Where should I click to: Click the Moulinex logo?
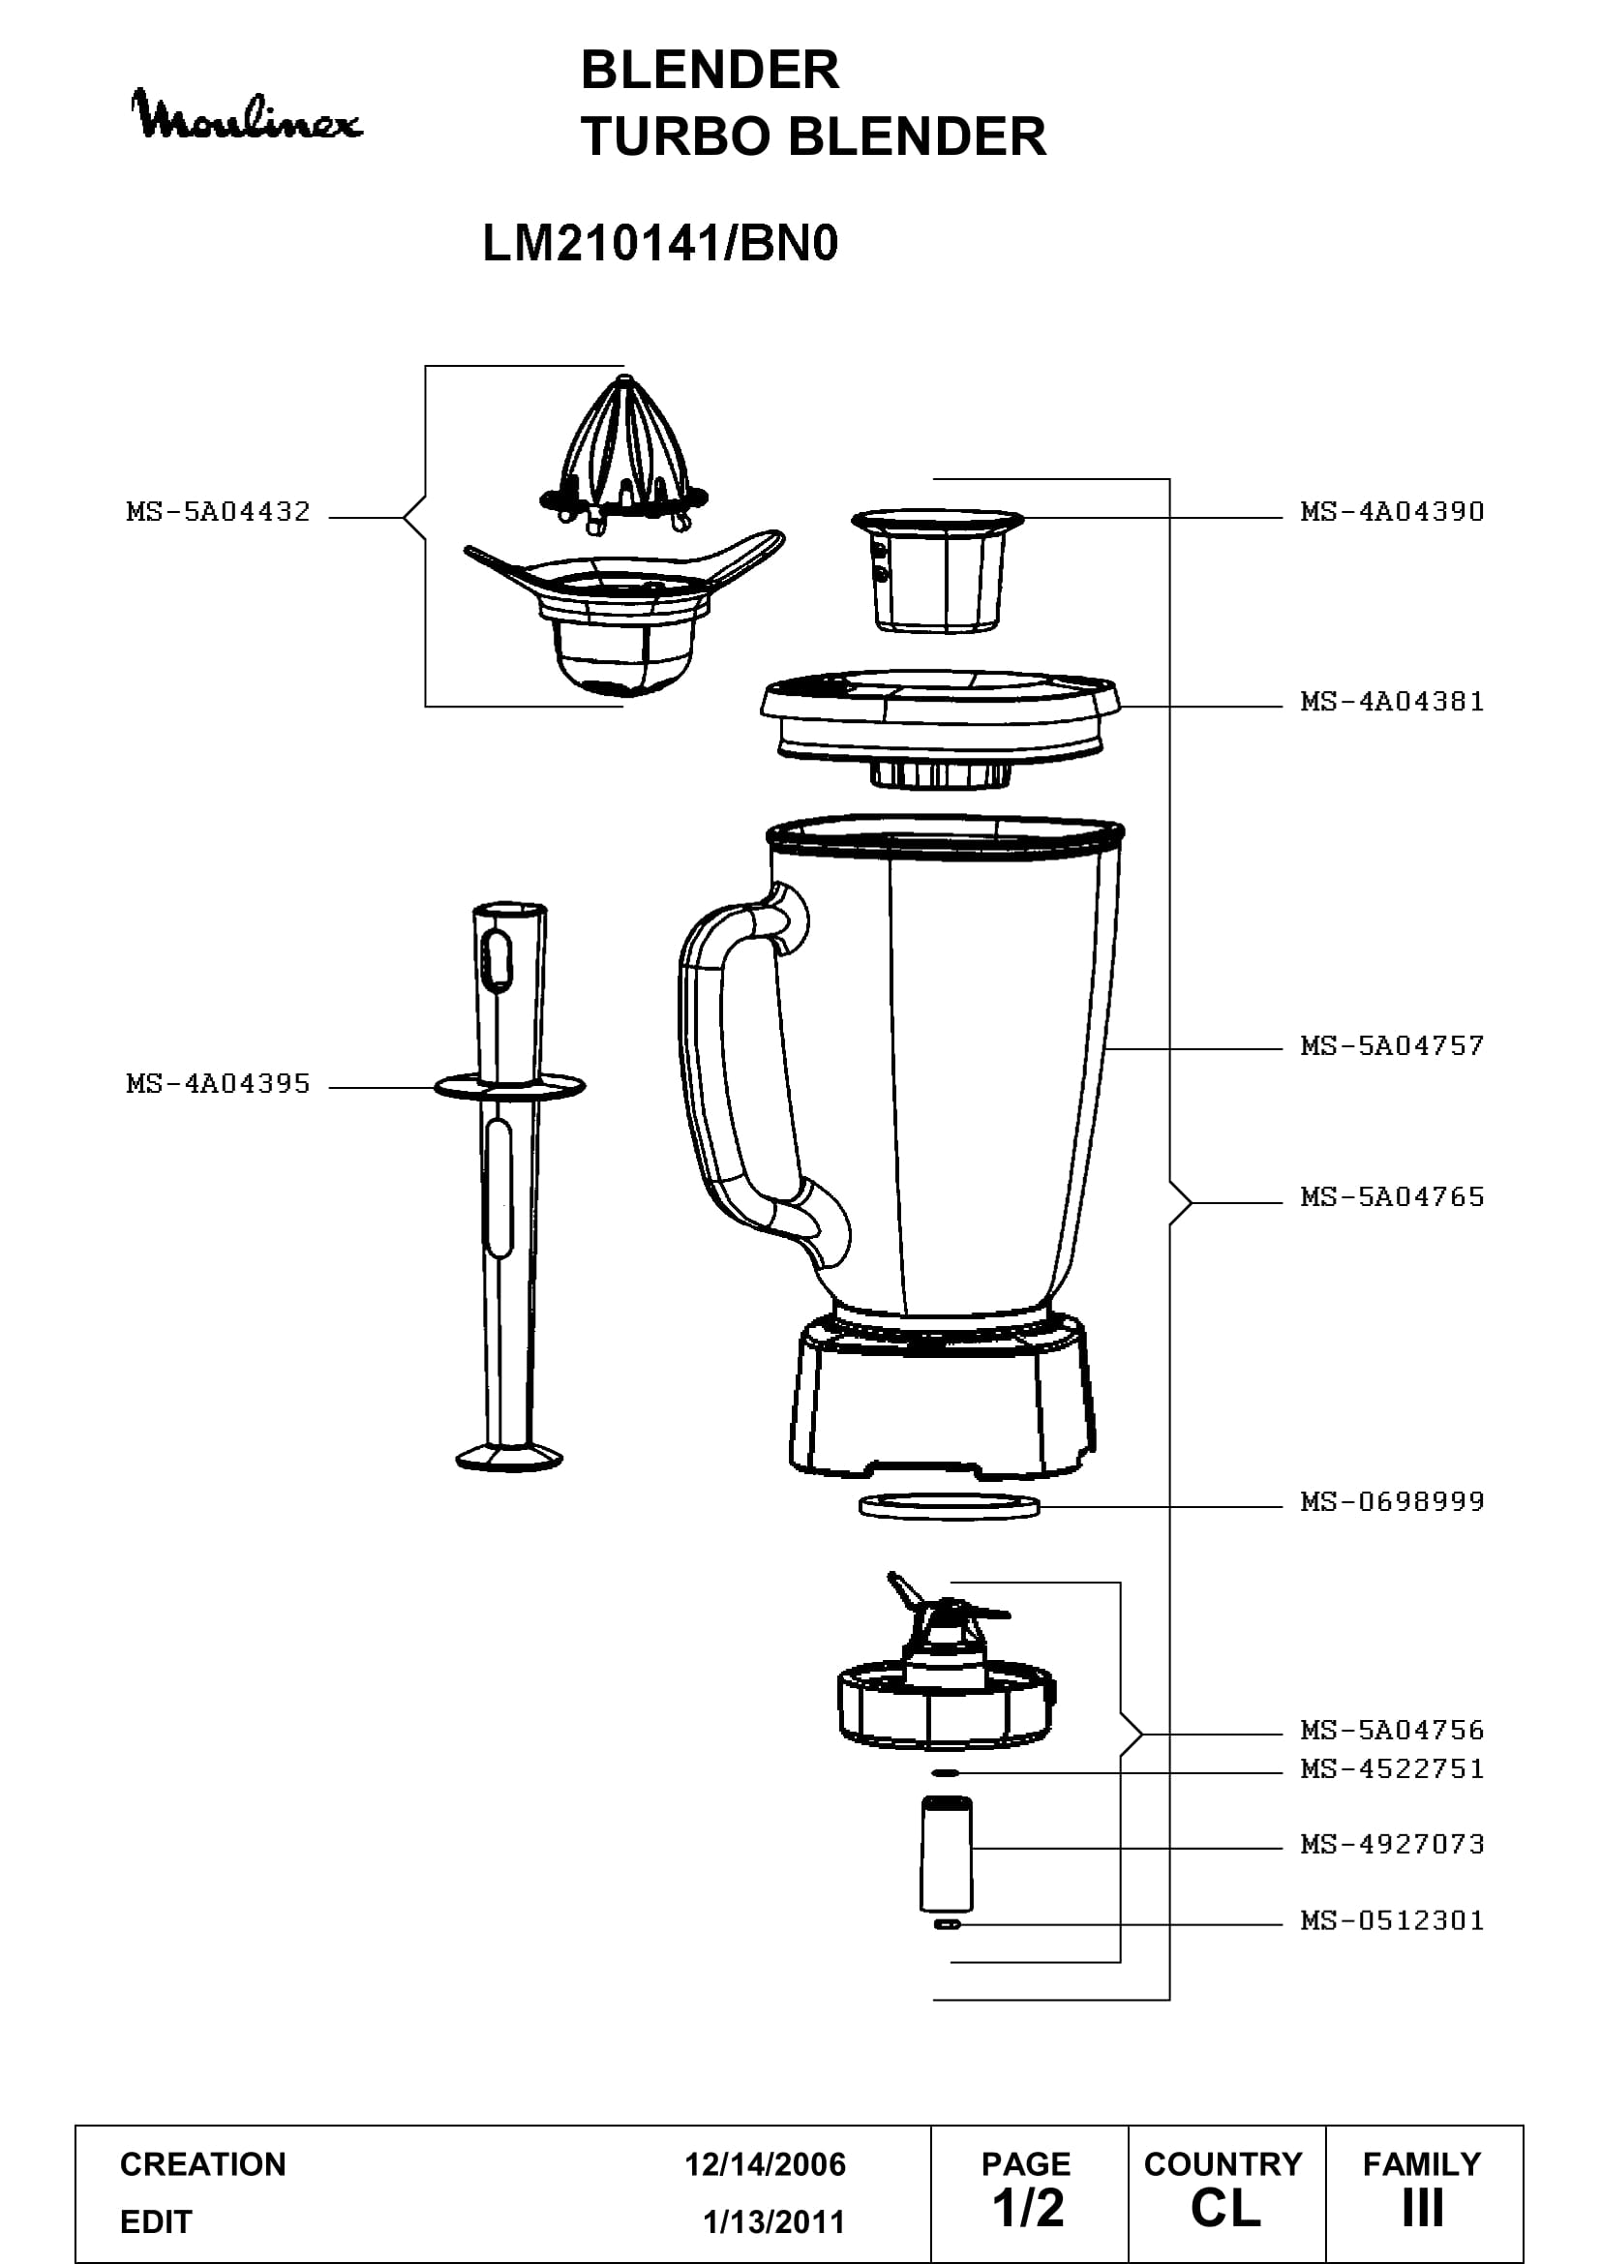pyautogui.click(x=247, y=115)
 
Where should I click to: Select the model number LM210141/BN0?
pyautogui.click(x=659, y=243)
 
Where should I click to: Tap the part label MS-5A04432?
pyautogui.click(x=218, y=512)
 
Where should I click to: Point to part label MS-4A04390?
pyautogui.click(x=1392, y=512)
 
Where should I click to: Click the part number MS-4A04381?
pyautogui.click(x=1392, y=702)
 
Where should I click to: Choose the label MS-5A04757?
pyautogui.click(x=1392, y=1046)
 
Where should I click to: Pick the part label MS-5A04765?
pyautogui.click(x=1392, y=1197)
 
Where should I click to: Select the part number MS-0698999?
pyautogui.click(x=1392, y=1502)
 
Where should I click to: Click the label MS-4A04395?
pyautogui.click(x=218, y=1084)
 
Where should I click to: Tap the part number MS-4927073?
pyautogui.click(x=1392, y=1844)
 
